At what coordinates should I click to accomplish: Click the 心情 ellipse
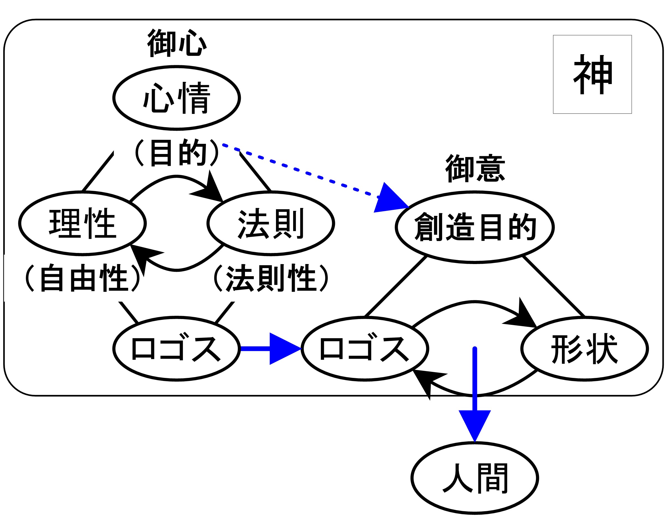click(x=177, y=98)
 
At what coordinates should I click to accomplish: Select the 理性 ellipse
click(x=82, y=223)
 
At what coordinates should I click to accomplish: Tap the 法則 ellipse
click(x=271, y=223)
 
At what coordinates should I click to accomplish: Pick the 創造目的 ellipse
click(x=475, y=227)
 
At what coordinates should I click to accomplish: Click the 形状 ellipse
click(x=585, y=349)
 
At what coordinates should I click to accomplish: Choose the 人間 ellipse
click(x=475, y=478)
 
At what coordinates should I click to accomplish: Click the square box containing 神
click(x=592, y=74)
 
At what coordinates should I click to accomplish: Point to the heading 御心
click(x=177, y=43)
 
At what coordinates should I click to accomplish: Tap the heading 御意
click(x=475, y=168)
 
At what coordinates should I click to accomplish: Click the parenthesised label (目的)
click(x=177, y=152)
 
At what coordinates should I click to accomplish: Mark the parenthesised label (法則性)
click(x=271, y=278)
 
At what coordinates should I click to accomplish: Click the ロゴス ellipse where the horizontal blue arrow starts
click(x=177, y=349)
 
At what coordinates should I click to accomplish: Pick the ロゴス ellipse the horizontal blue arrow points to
click(x=365, y=349)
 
